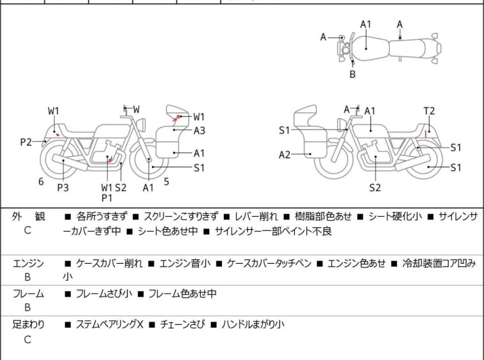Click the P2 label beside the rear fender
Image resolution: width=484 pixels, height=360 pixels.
[x=26, y=142]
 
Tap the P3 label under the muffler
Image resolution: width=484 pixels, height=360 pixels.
[x=63, y=187]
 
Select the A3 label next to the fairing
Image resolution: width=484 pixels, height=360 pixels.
[x=199, y=130]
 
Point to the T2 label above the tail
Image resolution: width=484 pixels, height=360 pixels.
[x=429, y=111]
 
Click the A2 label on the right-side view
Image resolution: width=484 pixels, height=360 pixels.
[x=285, y=154]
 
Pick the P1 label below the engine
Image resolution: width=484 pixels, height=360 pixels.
[x=107, y=198]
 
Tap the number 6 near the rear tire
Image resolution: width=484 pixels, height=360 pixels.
[x=41, y=182]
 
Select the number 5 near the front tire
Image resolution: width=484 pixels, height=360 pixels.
[x=166, y=182]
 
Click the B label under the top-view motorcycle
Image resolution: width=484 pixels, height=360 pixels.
[x=352, y=74]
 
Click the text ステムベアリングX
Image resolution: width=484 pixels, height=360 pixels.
[x=109, y=325]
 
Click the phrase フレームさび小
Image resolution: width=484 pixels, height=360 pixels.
[x=104, y=294]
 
